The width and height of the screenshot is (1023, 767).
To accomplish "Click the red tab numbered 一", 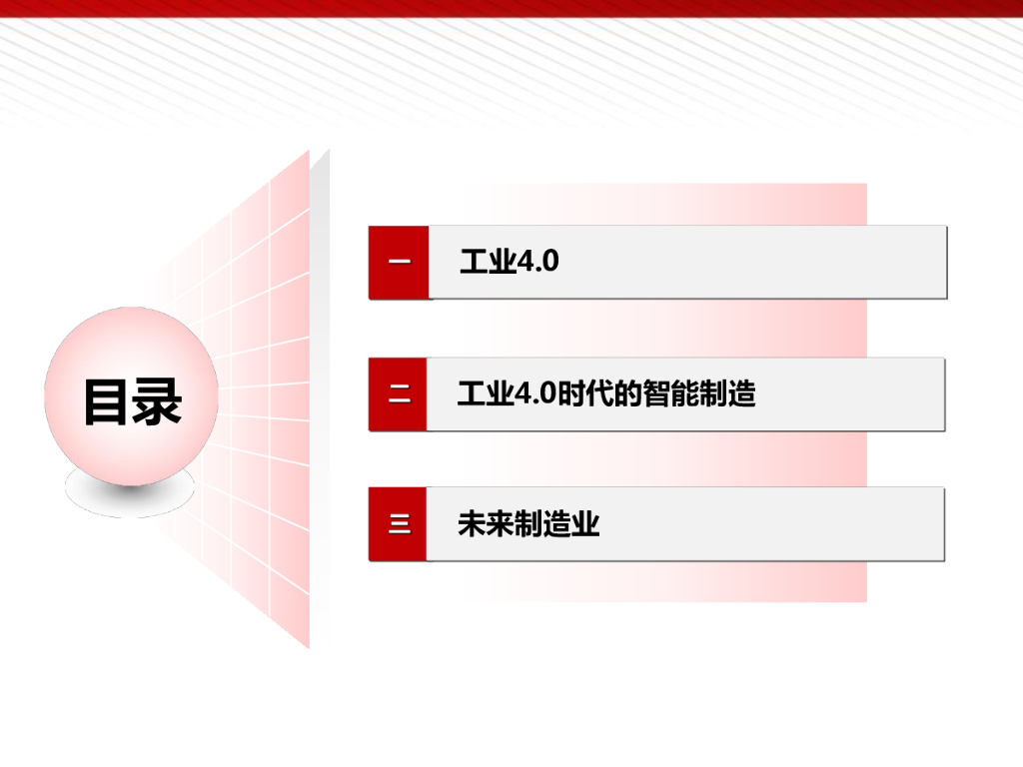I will pyautogui.click(x=399, y=263).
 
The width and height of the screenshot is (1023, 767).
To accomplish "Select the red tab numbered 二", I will pyautogui.click(x=398, y=394).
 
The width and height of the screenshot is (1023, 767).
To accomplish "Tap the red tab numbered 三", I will pyautogui.click(x=398, y=523).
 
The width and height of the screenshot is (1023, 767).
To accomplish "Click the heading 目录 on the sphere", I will pyautogui.click(x=132, y=401).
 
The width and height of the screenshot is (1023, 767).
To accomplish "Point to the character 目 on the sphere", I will pyautogui.click(x=106, y=401).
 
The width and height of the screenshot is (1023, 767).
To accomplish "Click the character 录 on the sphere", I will pyautogui.click(x=158, y=401).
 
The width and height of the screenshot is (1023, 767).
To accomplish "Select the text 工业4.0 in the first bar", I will pyautogui.click(x=509, y=262).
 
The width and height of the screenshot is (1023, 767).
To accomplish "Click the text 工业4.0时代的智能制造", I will pyautogui.click(x=606, y=393).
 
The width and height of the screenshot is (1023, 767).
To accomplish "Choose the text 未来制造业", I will pyautogui.click(x=528, y=524).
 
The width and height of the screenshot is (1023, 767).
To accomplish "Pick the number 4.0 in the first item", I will pyautogui.click(x=537, y=262).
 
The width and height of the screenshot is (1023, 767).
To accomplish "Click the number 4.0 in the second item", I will pyautogui.click(x=534, y=393).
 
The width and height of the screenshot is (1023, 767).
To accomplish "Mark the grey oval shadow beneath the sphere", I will pyautogui.click(x=130, y=495).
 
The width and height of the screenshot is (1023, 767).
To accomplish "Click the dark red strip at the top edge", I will pyautogui.click(x=511, y=8).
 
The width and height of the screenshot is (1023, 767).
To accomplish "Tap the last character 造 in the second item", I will pyautogui.click(x=741, y=393).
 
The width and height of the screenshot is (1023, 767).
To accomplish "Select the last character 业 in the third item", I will pyautogui.click(x=586, y=524).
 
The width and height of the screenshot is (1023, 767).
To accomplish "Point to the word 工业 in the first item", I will pyautogui.click(x=488, y=262).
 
